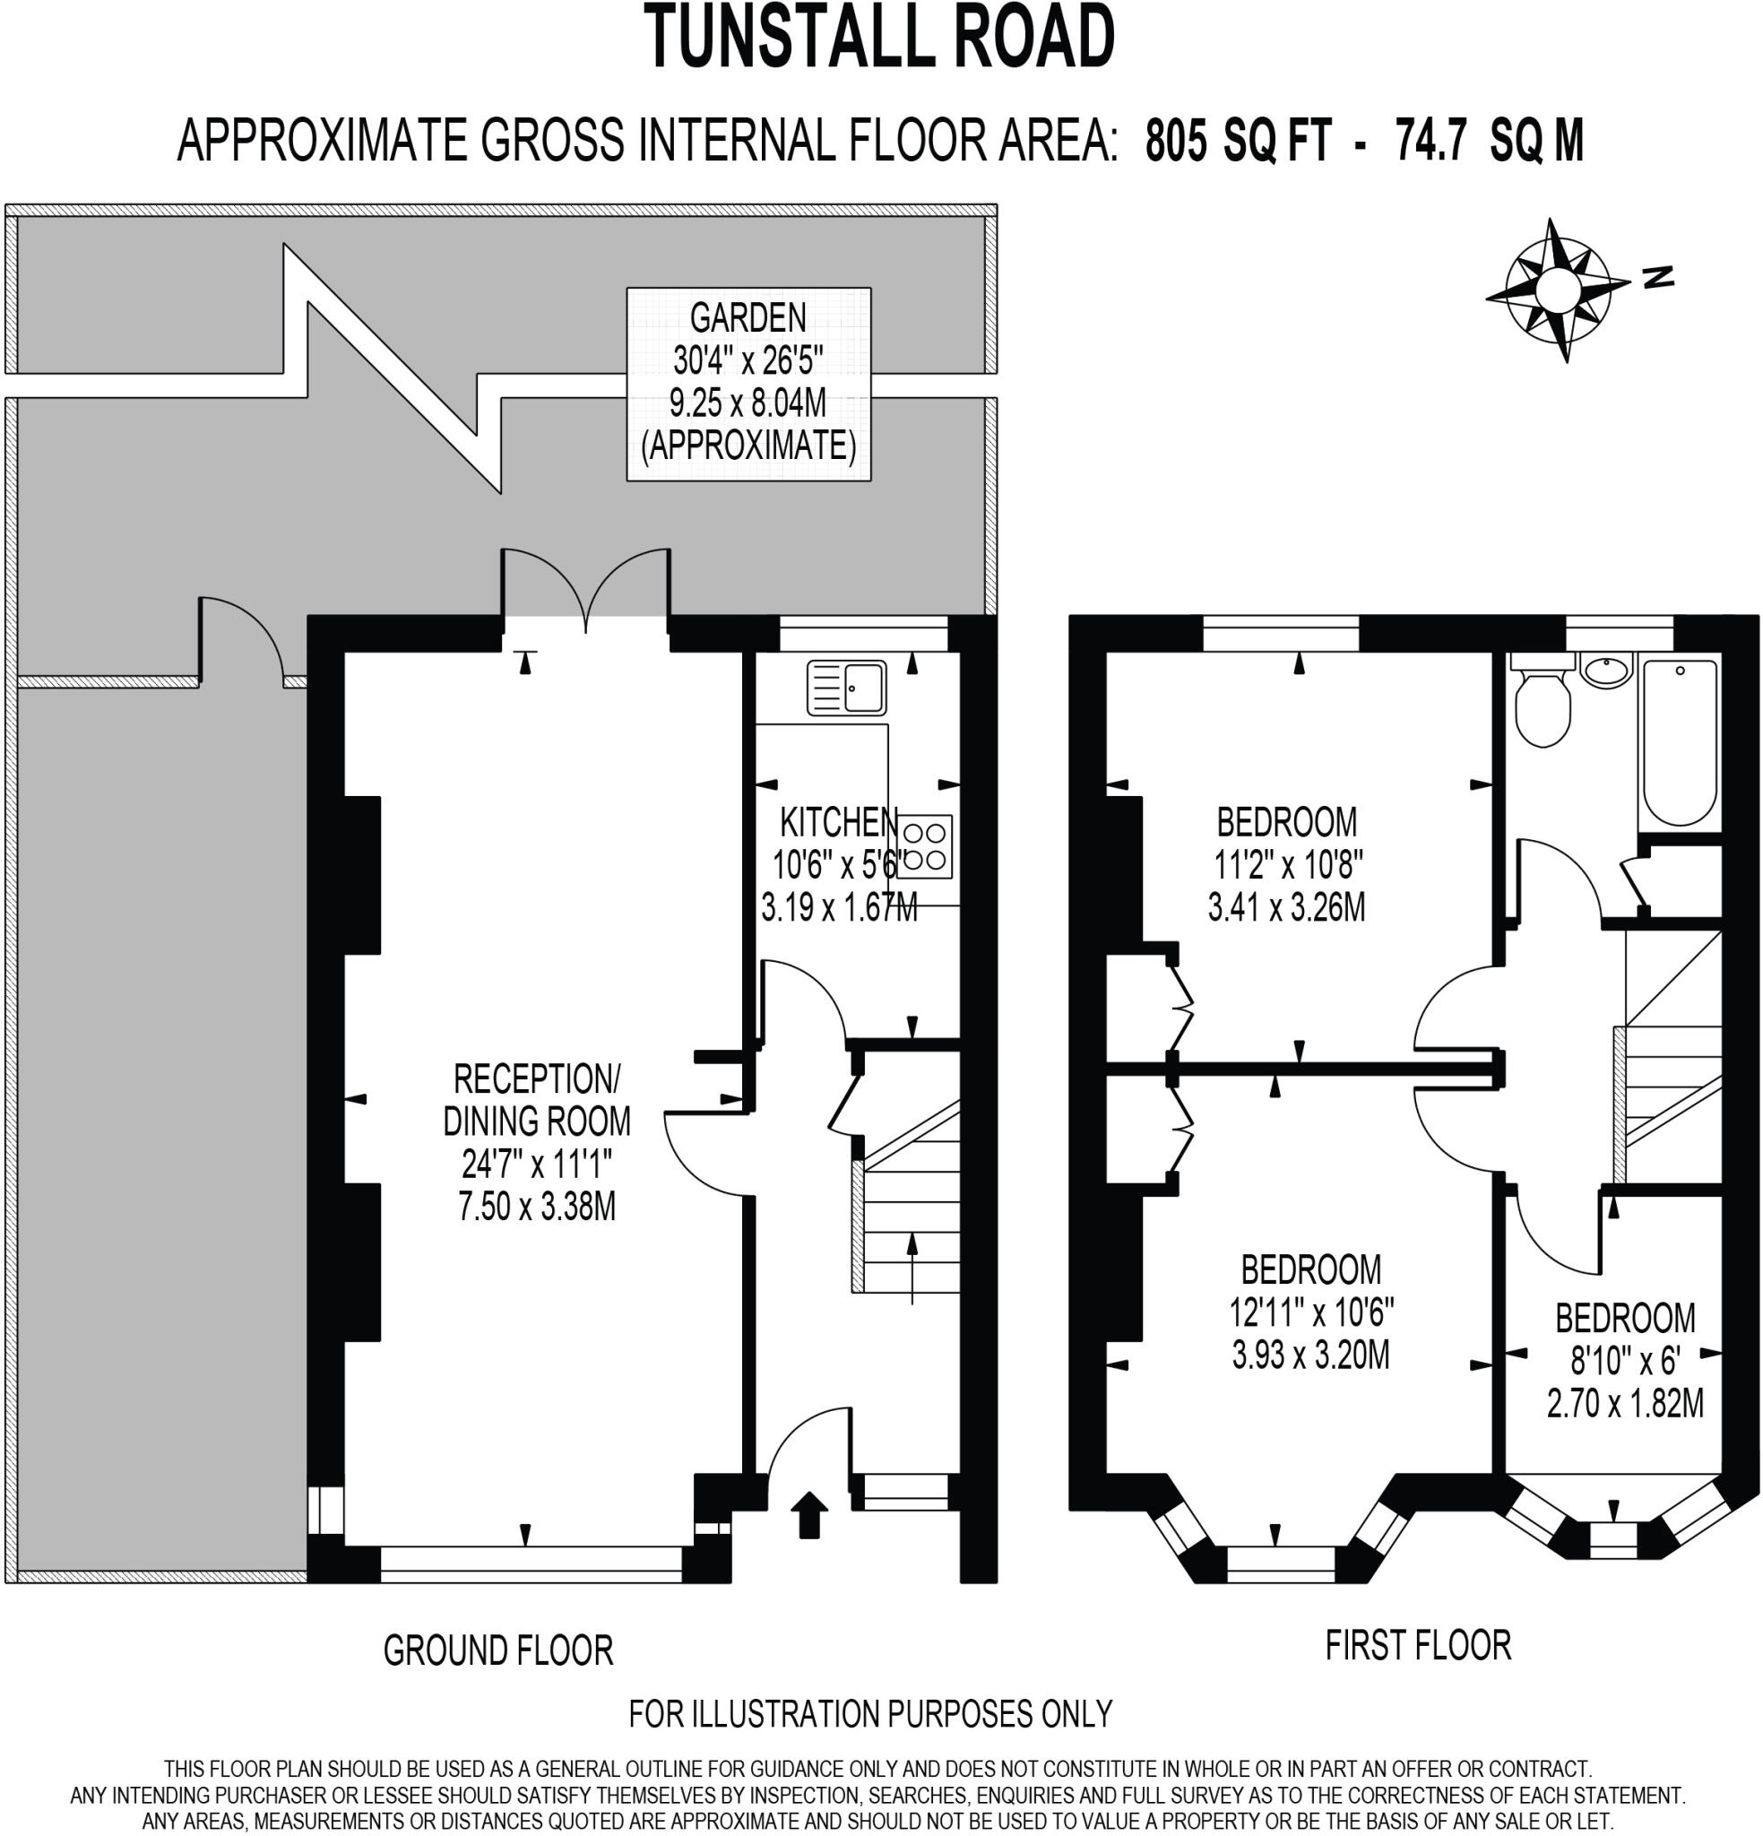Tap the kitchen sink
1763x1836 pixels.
pyautogui.click(x=846, y=688)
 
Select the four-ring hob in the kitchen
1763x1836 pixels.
pyautogui.click(x=925, y=847)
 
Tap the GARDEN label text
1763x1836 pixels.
pyautogui.click(x=748, y=318)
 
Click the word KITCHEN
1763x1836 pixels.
pyautogui.click(x=839, y=822)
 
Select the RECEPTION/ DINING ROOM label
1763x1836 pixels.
pyautogui.click(x=537, y=1100)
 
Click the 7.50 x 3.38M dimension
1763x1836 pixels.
pyautogui.click(x=537, y=1206)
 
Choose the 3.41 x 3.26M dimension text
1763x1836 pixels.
pyautogui.click(x=1286, y=906)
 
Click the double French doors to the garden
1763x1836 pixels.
pyautogui.click(x=586, y=588)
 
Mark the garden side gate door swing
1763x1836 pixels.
pyautogui.click(x=240, y=637)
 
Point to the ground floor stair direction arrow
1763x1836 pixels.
pyautogui.click(x=912, y=1269)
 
